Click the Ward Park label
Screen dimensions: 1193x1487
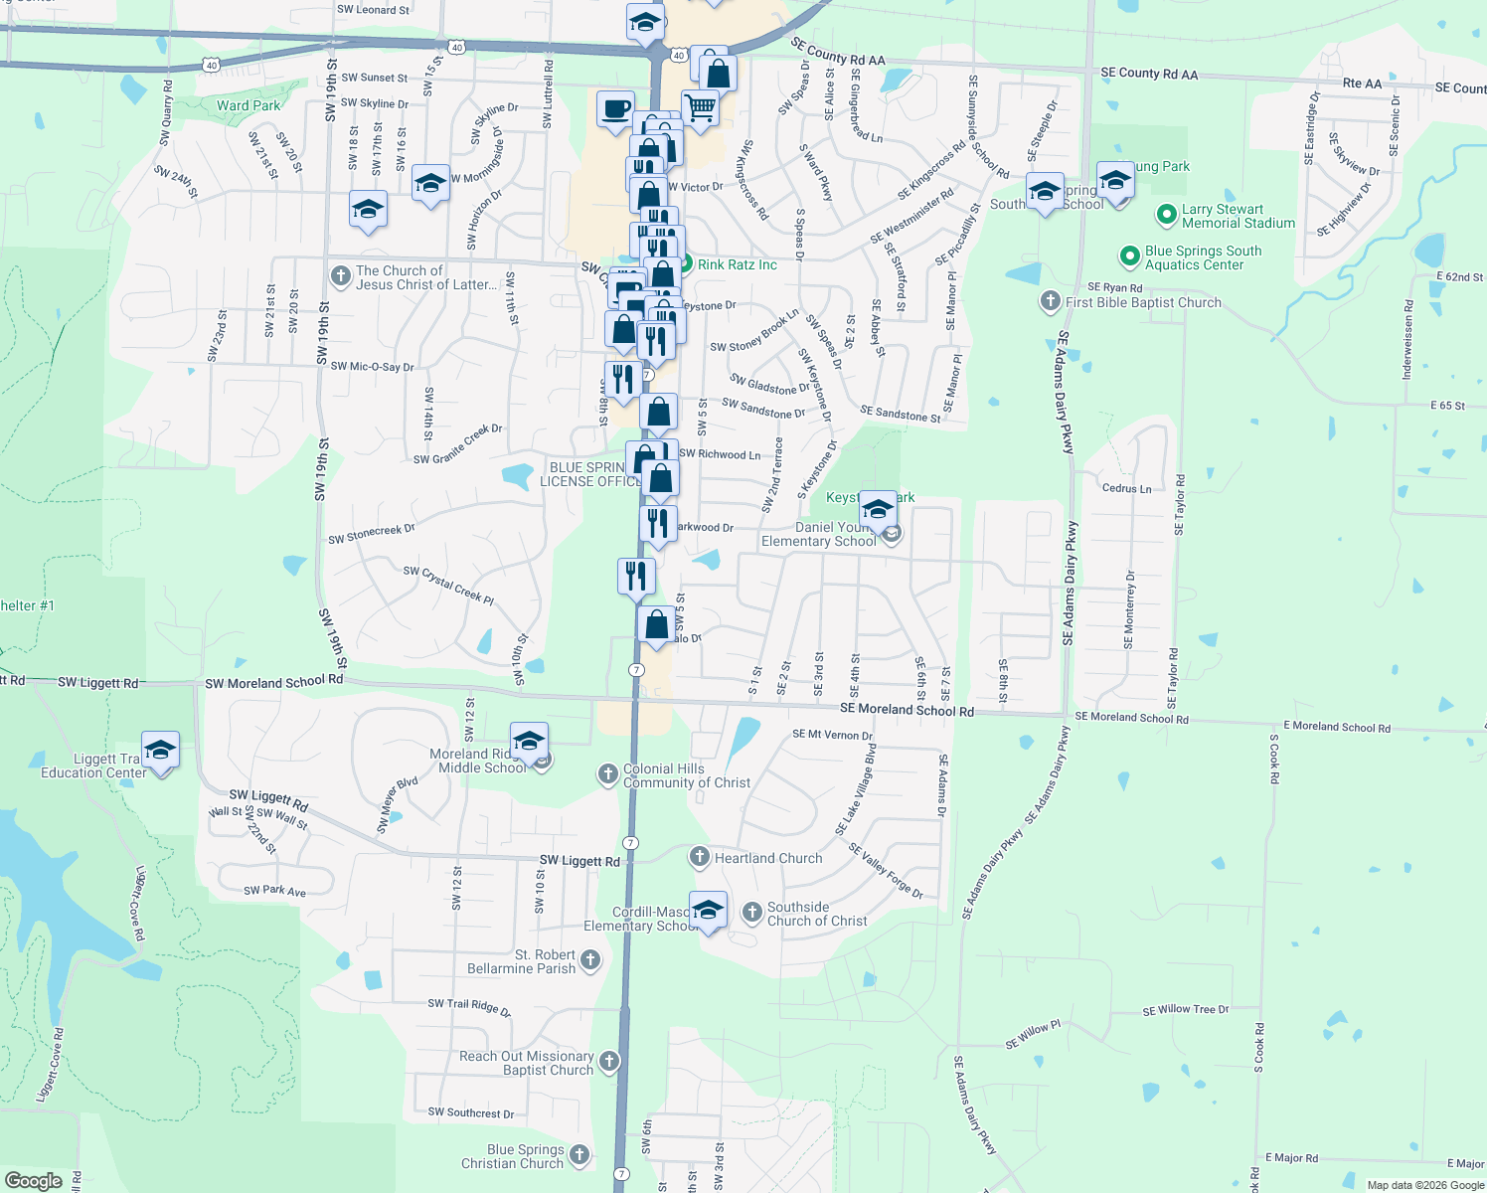coord(248,105)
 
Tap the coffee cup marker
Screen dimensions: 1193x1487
coord(615,107)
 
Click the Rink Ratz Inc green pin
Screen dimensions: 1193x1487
coord(685,264)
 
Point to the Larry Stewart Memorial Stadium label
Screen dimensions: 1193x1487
coord(1238,216)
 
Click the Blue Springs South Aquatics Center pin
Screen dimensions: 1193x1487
coord(1129,257)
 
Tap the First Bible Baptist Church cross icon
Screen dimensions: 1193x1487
coord(1051,301)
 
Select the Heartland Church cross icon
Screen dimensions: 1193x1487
coord(699,857)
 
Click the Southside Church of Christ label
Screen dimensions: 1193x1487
coord(817,914)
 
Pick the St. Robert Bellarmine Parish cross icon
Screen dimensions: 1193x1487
coord(590,960)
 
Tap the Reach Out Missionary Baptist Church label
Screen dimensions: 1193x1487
coord(527,1063)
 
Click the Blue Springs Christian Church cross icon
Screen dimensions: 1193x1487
coord(579,1155)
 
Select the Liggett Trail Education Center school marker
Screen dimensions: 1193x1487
coord(160,749)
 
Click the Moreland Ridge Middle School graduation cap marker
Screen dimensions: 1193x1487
coord(529,740)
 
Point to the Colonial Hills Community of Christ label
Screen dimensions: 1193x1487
coord(687,775)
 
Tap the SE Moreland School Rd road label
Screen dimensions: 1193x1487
coord(907,709)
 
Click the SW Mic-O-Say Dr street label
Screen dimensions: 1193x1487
coord(372,367)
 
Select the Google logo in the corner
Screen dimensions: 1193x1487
coord(34,1180)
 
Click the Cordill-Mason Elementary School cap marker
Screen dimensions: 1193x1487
coord(708,909)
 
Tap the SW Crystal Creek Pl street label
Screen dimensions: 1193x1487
coord(448,585)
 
